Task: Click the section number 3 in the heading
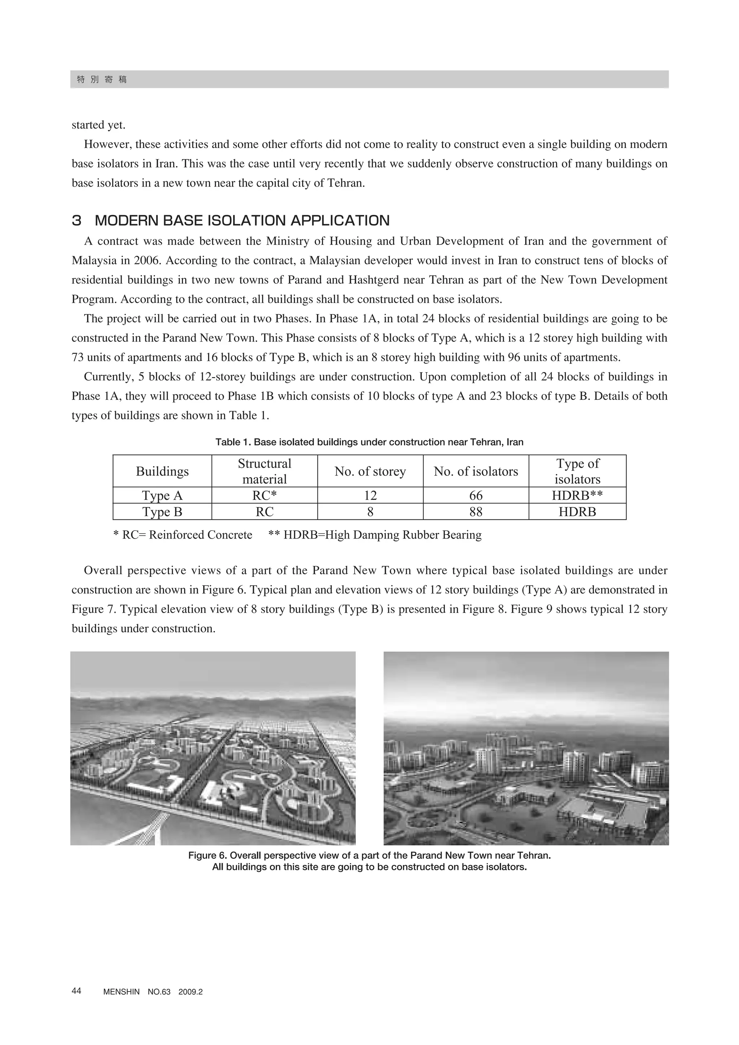click(x=76, y=221)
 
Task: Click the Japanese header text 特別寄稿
click(x=102, y=80)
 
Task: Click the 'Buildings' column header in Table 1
click(x=162, y=471)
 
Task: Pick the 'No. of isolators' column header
click(x=476, y=471)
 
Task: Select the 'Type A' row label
click(x=162, y=495)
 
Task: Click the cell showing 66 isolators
click(x=476, y=495)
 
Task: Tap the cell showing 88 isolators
click(x=476, y=511)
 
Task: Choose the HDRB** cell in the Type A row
click(x=577, y=495)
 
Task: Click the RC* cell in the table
click(x=264, y=495)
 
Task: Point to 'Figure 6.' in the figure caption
click(x=207, y=855)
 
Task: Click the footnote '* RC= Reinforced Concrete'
click(x=183, y=535)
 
